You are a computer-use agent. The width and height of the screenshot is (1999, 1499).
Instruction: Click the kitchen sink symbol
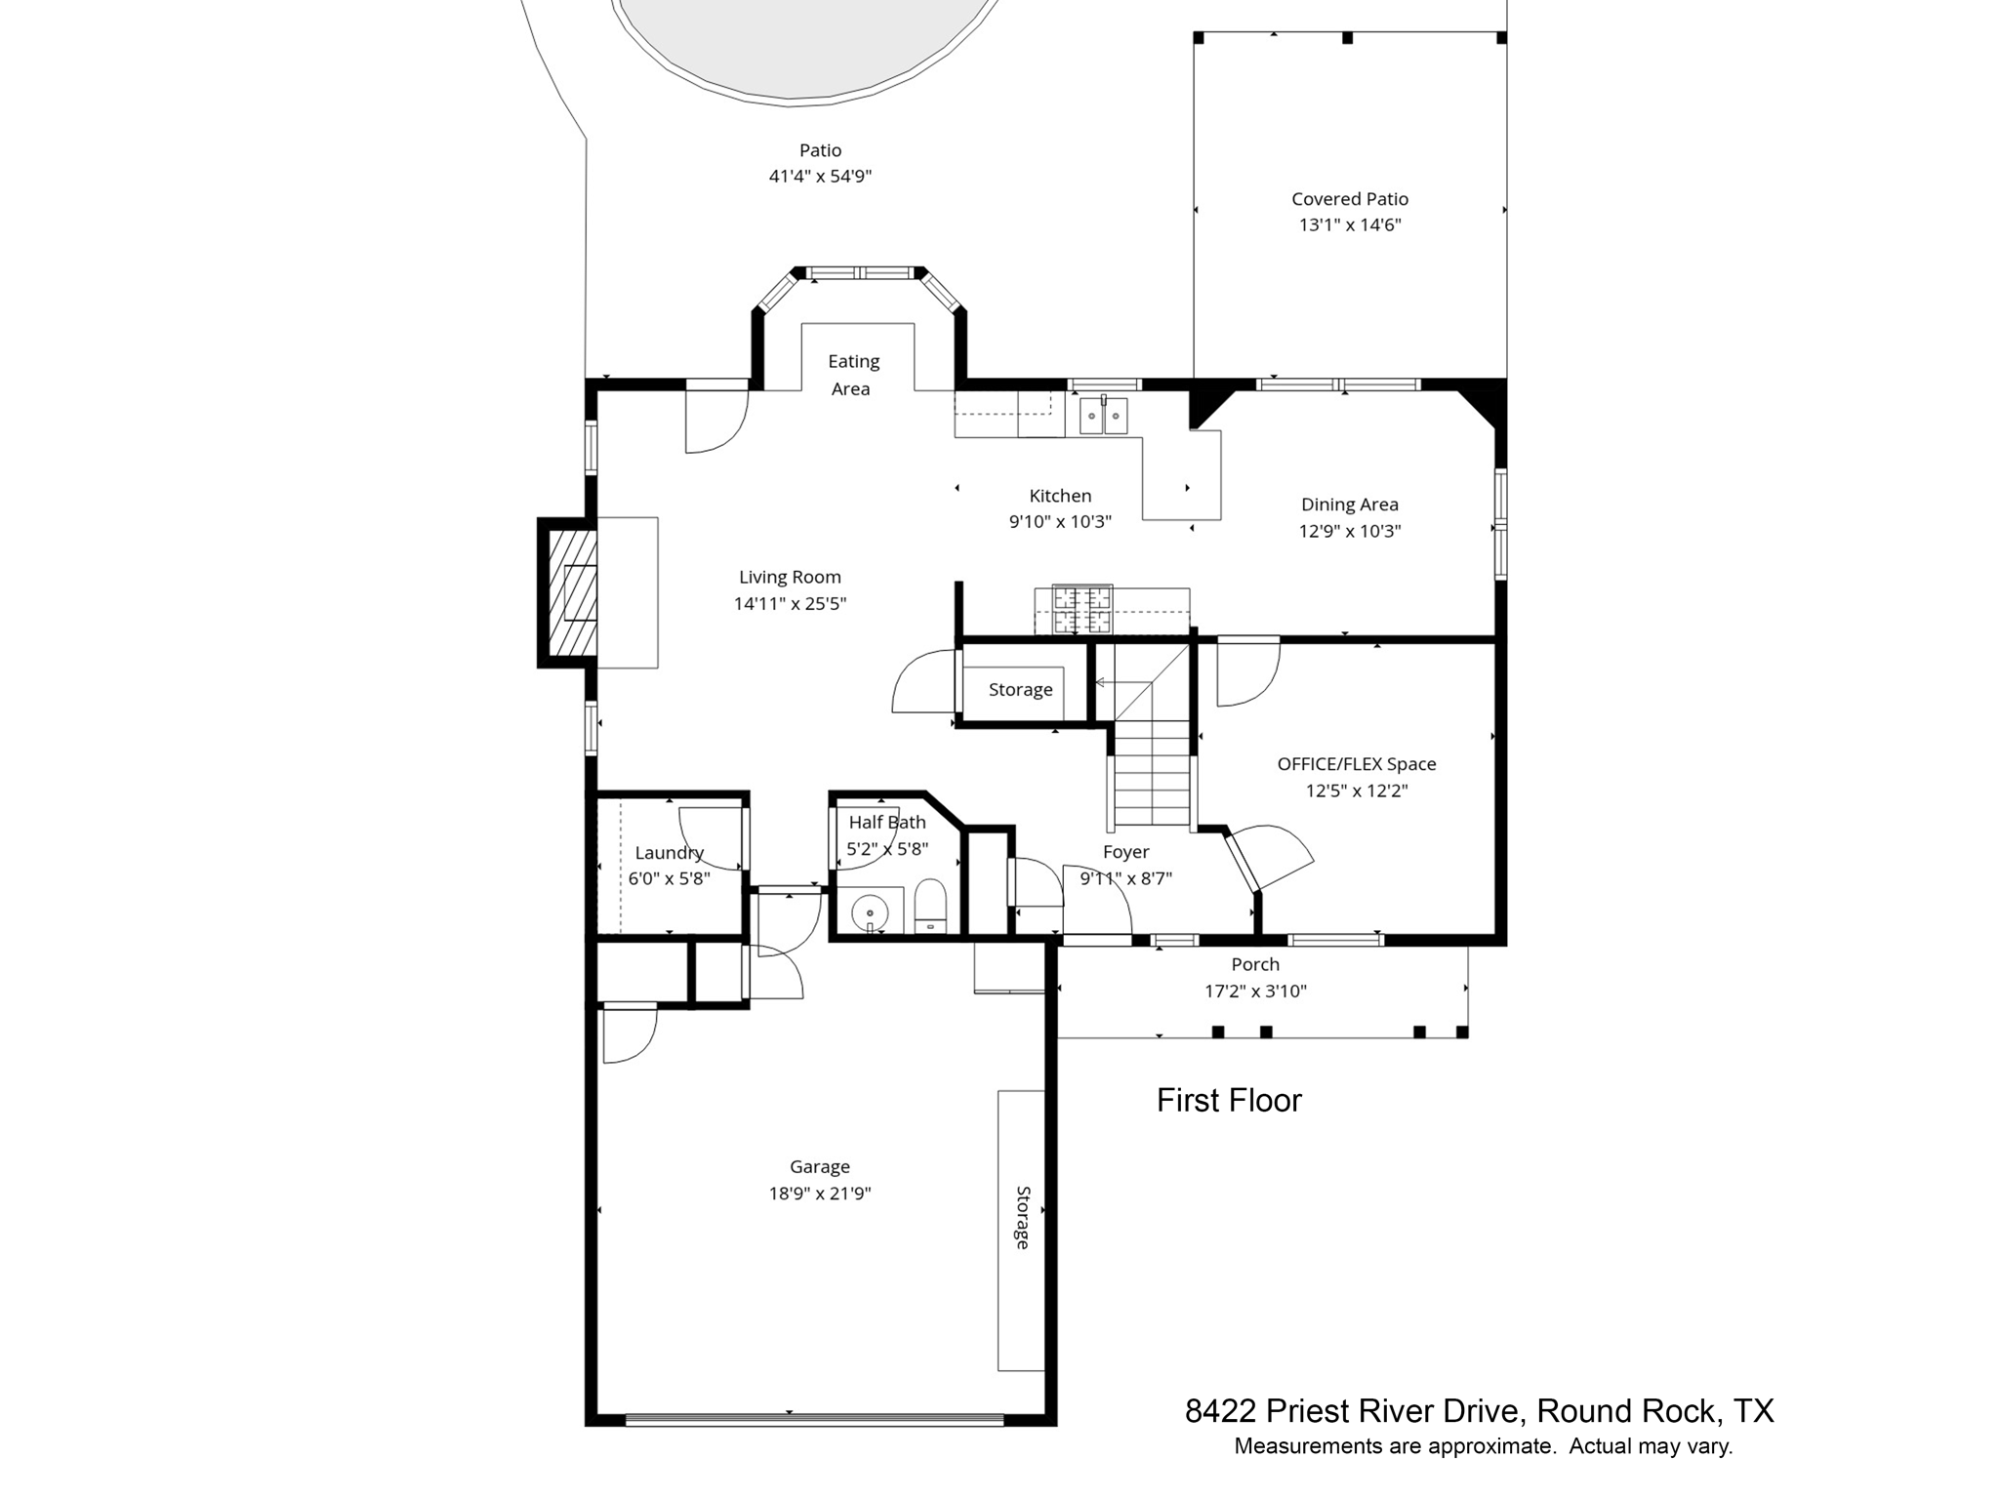1103,416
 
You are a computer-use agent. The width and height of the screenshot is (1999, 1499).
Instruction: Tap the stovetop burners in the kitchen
1081,609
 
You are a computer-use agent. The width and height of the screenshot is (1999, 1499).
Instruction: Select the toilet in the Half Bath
931,908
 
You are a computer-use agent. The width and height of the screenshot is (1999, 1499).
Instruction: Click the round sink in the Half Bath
869,914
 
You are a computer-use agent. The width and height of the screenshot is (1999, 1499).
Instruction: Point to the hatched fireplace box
573,592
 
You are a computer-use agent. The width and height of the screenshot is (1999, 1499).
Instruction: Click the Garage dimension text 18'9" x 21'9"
820,1193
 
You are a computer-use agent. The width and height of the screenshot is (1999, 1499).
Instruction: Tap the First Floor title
1229,1101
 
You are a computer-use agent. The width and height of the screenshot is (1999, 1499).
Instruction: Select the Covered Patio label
1350,199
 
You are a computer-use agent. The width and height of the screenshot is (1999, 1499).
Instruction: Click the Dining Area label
1349,505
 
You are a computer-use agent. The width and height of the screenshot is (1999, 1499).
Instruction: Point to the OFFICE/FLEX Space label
1357,764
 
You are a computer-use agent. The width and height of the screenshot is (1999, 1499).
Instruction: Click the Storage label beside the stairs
1020,690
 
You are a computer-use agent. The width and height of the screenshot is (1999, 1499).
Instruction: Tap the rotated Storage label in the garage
1022,1217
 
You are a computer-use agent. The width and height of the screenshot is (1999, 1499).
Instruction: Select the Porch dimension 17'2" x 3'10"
1255,992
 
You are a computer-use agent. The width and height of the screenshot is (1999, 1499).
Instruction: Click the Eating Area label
852,375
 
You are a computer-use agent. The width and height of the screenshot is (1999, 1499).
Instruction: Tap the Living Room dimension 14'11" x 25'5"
790,603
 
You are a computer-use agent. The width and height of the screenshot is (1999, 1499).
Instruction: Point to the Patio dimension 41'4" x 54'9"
820,177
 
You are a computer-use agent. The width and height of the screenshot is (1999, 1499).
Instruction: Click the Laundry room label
669,853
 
